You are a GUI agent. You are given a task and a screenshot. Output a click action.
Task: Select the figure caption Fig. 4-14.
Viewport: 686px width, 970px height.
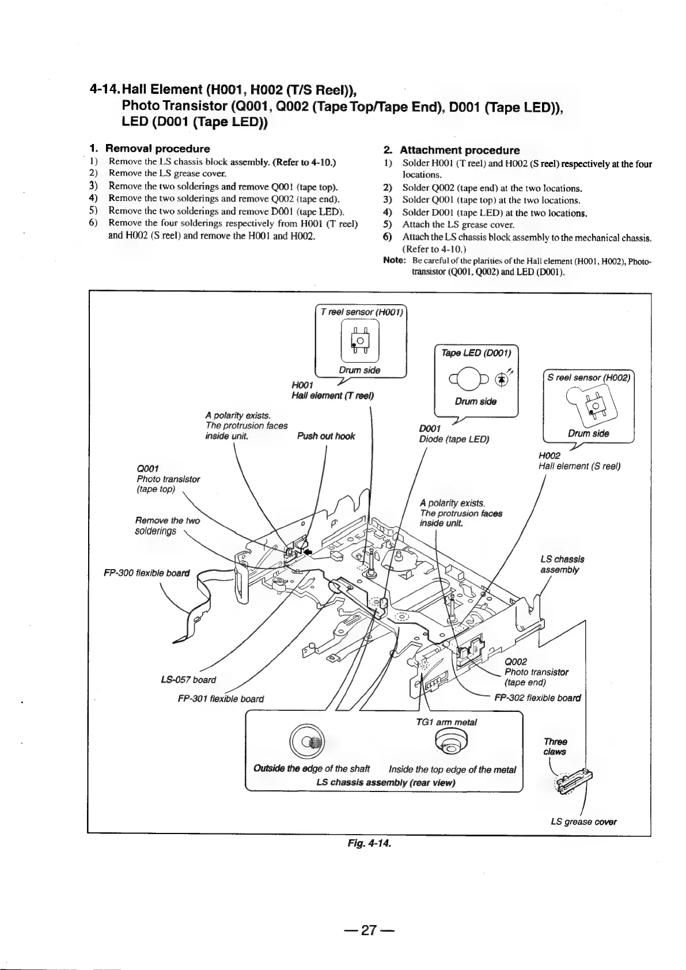(368, 844)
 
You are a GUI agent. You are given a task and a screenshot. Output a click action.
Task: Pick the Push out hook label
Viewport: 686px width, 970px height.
(326, 436)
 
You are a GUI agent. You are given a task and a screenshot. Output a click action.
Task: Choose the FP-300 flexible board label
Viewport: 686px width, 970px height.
(147, 573)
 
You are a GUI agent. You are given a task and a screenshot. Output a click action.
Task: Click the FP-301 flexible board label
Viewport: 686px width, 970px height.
(221, 699)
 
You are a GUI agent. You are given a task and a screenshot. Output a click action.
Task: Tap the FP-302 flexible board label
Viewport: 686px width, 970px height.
(538, 698)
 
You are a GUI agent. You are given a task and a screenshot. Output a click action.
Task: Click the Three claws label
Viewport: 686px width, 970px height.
(555, 747)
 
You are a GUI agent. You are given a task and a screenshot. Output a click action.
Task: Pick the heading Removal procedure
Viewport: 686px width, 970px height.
(157, 149)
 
